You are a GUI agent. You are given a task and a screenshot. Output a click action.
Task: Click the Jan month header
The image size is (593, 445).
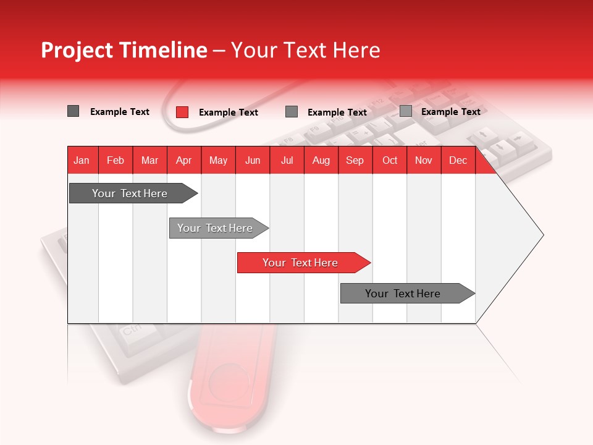point(82,160)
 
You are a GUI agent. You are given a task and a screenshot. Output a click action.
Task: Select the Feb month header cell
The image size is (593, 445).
point(116,160)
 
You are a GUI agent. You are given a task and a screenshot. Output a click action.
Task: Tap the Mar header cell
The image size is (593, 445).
point(149,160)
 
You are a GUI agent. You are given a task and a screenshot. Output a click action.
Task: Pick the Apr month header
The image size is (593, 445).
point(184,160)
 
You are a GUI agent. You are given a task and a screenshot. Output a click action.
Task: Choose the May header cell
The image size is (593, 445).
point(218,160)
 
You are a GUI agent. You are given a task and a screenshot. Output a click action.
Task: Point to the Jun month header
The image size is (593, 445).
point(253,160)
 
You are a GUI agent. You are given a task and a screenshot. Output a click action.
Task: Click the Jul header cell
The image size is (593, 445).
point(287,160)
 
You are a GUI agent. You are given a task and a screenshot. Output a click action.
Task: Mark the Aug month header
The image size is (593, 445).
point(321,160)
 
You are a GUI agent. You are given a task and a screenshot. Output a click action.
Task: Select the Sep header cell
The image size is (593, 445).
point(355,160)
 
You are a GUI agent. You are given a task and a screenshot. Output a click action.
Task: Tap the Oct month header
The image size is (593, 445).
point(390,160)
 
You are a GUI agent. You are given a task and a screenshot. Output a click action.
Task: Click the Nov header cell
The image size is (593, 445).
point(424,160)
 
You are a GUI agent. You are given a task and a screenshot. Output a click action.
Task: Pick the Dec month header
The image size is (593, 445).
point(458,160)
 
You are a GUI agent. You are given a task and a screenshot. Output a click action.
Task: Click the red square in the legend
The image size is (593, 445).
point(182,112)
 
